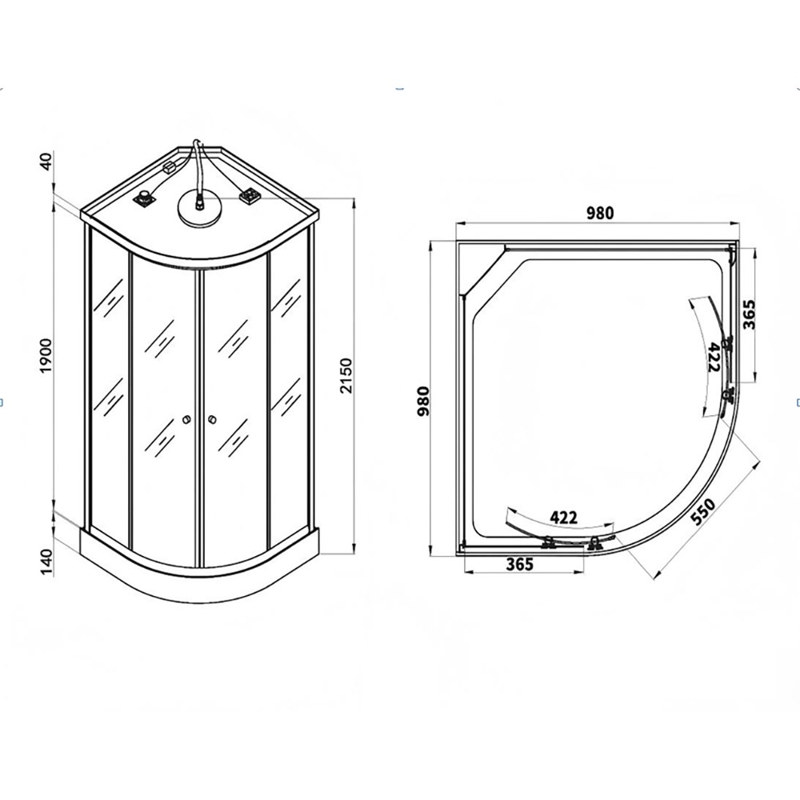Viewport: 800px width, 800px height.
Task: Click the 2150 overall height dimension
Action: tap(346, 375)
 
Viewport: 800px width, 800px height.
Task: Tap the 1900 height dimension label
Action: tap(46, 355)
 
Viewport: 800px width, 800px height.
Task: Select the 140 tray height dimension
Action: tap(46, 562)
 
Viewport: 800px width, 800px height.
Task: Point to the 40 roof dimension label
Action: tap(46, 162)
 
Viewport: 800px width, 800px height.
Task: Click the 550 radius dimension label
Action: tap(703, 512)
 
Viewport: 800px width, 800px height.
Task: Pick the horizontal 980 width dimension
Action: tap(600, 213)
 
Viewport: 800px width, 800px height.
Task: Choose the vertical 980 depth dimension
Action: tap(423, 401)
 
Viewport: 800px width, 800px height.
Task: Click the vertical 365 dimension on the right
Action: tap(749, 314)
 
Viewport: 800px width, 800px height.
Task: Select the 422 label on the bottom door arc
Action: tap(563, 518)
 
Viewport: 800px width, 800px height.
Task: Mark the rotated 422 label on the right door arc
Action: tap(714, 357)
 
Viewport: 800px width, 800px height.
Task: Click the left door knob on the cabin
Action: tap(186, 419)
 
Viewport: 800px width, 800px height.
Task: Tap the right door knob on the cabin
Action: tap(212, 419)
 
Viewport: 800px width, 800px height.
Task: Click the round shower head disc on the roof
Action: tap(199, 208)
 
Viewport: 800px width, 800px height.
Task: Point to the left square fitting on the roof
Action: tap(145, 198)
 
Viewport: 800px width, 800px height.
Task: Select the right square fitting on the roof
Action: tap(250, 196)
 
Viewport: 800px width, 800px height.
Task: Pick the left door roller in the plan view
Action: tap(548, 543)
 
